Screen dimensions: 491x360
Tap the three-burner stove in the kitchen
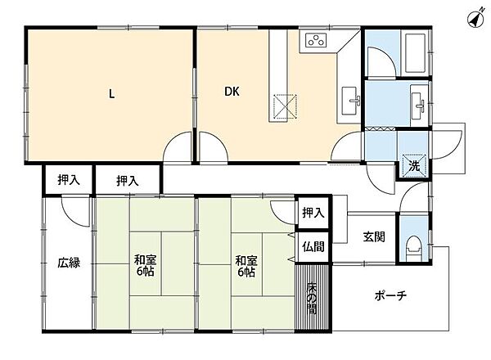point(316,40)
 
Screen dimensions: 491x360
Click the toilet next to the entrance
point(413,248)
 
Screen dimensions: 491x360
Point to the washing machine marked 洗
point(414,165)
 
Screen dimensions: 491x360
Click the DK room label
point(232,92)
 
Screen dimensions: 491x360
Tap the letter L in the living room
point(111,93)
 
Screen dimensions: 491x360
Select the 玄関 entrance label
point(374,236)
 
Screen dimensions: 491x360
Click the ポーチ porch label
point(390,295)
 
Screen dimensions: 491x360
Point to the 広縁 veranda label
point(69,263)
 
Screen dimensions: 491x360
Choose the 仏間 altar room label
point(313,246)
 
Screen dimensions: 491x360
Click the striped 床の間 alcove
point(313,297)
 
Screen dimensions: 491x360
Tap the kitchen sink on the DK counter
point(350,101)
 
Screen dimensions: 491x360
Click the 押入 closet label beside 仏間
point(313,213)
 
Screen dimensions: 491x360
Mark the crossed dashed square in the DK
point(285,106)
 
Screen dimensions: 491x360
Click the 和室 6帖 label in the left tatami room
point(145,265)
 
